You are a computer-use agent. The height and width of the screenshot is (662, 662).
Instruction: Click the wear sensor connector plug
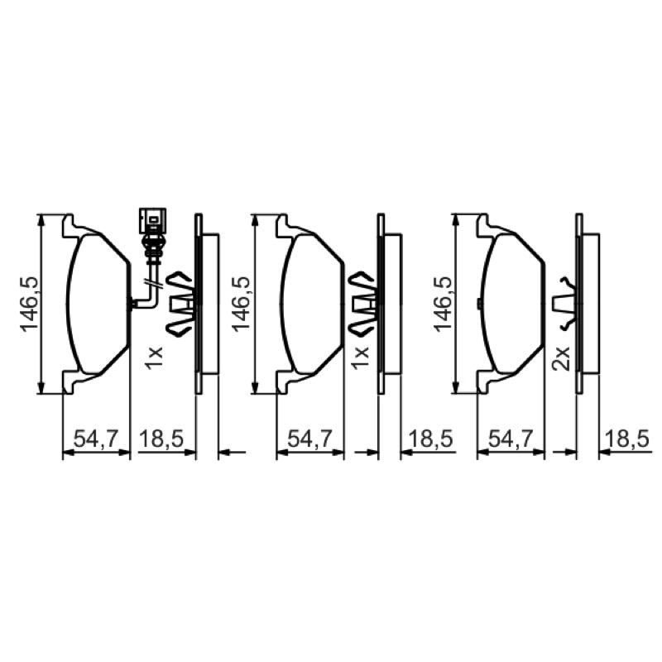152,220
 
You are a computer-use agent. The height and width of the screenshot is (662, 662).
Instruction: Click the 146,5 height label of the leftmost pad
31,305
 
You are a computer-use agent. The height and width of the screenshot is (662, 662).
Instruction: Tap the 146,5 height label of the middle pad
242,305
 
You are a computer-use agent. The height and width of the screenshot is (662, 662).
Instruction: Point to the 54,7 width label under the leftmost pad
97,439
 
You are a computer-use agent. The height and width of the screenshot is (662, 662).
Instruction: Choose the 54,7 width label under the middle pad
310,439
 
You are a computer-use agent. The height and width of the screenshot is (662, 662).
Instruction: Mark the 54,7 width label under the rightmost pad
511,439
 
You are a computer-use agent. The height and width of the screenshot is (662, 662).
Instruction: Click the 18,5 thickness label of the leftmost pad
161,439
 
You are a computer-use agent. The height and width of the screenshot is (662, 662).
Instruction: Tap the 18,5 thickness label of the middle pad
430,439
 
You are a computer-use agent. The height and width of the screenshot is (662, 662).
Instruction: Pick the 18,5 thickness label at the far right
626,439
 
